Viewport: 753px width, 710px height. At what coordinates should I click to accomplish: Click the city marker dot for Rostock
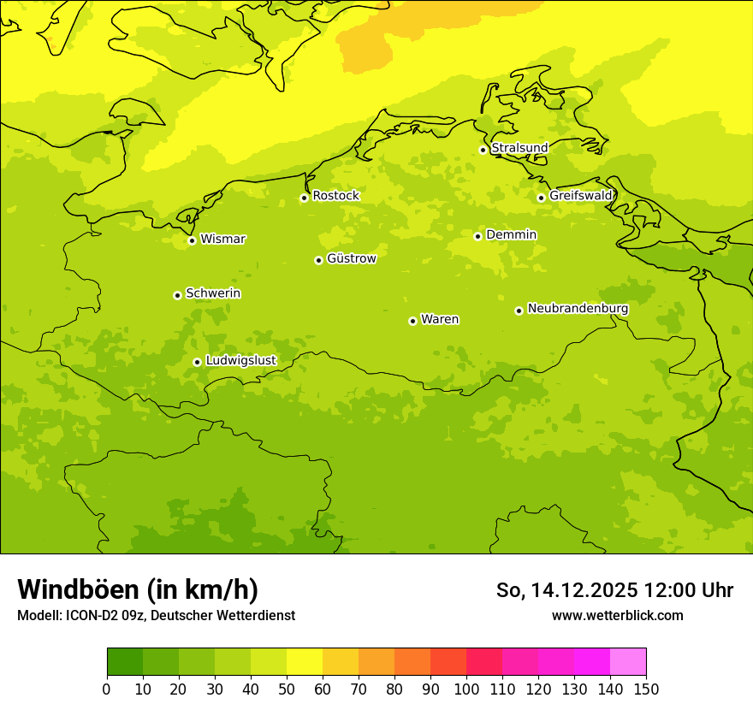point(304,198)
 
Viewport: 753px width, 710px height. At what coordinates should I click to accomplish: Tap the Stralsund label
point(519,148)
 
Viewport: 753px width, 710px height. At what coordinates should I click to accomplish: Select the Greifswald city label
point(581,196)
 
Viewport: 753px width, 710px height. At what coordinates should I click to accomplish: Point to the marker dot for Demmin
point(477,236)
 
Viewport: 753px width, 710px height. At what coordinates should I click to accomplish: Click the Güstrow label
point(351,258)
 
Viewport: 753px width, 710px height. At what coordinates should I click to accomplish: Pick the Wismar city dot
point(192,240)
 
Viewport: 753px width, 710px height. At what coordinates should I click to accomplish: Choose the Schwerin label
point(213,293)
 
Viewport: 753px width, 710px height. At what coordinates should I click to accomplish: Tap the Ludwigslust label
point(240,360)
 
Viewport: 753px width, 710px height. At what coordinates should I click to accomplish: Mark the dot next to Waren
point(412,321)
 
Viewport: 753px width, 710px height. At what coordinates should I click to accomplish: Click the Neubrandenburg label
point(578,309)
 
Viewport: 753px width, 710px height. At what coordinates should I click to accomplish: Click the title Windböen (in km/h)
point(138,589)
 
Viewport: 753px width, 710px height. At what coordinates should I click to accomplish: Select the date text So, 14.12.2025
point(567,590)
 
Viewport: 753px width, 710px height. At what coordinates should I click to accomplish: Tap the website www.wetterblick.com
point(617,615)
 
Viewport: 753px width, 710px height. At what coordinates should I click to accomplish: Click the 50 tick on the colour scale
point(287,689)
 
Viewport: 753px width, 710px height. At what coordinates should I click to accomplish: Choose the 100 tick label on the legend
point(466,689)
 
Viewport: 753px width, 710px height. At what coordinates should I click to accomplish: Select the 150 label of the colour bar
point(646,689)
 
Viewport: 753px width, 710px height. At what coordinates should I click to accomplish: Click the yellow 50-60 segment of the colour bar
point(305,662)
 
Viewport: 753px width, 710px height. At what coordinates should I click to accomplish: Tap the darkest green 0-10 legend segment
point(125,662)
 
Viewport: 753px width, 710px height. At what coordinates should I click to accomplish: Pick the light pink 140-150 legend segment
point(628,662)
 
